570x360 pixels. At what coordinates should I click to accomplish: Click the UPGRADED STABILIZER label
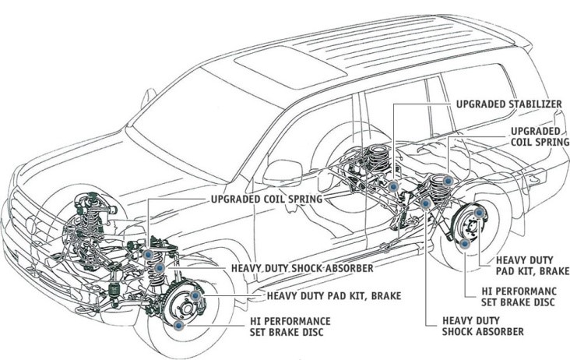pyautogui.click(x=509, y=104)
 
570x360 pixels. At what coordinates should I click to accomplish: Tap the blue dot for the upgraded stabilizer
pyautogui.click(x=392, y=186)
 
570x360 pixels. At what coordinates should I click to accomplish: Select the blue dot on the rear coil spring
pyautogui.click(x=448, y=180)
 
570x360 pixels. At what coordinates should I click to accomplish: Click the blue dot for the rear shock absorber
pyautogui.click(x=425, y=203)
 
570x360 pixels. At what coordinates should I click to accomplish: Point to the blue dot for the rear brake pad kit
pyautogui.click(x=479, y=213)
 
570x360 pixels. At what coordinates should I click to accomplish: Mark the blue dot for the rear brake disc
pyautogui.click(x=464, y=244)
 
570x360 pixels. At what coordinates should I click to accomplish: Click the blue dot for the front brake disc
pyautogui.click(x=178, y=326)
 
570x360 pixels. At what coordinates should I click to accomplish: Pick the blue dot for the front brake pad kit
pyautogui.click(x=195, y=295)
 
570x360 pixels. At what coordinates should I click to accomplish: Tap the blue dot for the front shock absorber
pyautogui.click(x=160, y=268)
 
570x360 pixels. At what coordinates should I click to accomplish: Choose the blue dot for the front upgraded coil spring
pyautogui.click(x=148, y=255)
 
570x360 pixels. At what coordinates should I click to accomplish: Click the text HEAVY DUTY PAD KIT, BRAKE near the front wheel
pyautogui.click(x=334, y=295)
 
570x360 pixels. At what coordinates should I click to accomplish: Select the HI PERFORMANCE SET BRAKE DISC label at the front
pyautogui.click(x=290, y=326)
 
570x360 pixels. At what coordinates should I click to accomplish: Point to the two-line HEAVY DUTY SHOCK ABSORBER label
pyautogui.click(x=483, y=326)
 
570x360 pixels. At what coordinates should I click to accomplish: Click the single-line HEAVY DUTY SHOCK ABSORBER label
pyautogui.click(x=302, y=268)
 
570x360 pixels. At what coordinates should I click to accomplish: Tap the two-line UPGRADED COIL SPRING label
pyautogui.click(x=540, y=136)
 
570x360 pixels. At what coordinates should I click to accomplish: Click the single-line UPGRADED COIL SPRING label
pyautogui.click(x=267, y=199)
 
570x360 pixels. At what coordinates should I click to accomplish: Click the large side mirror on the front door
pyautogui.click(x=283, y=173)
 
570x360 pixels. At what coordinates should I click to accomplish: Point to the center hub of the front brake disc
pyautogui.click(x=187, y=309)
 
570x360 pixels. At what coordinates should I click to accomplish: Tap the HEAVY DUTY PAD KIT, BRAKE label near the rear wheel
pyautogui.click(x=533, y=266)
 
